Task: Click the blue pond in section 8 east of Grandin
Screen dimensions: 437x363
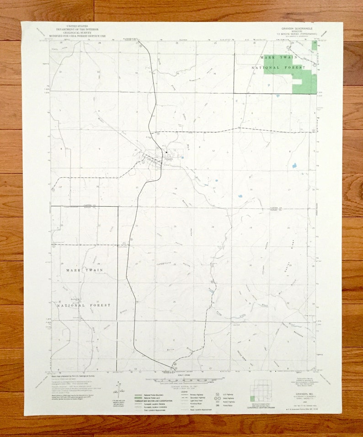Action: click(294, 165)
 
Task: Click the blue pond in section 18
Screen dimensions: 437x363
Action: click(240, 196)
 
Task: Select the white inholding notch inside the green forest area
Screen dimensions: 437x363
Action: click(297, 81)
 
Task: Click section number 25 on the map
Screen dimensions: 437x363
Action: click(174, 302)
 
